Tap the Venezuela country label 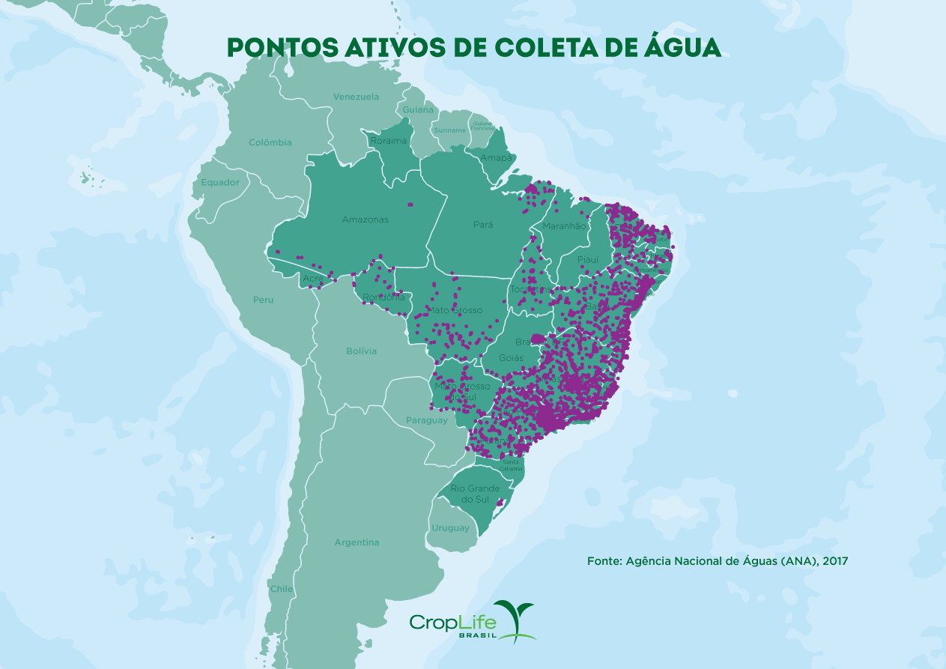click(x=356, y=97)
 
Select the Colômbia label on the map click(x=270, y=142)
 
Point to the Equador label click(x=220, y=182)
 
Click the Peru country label click(x=263, y=300)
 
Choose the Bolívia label click(x=361, y=351)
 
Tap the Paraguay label click(x=426, y=420)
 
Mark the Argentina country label click(x=357, y=542)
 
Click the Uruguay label click(x=450, y=528)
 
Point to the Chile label click(x=282, y=589)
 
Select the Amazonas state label click(x=366, y=220)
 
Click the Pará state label click(x=483, y=225)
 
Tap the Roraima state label click(x=389, y=140)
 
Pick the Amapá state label click(x=496, y=157)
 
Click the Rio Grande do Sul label click(x=475, y=494)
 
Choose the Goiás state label click(x=512, y=358)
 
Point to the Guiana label click(x=418, y=109)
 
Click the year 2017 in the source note click(x=834, y=560)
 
